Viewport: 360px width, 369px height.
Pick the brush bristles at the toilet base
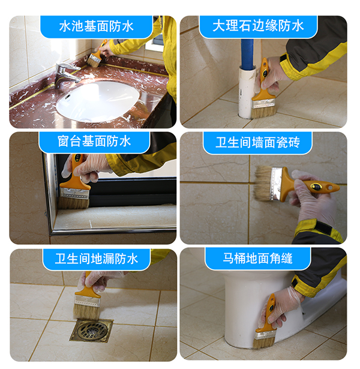click(263, 340)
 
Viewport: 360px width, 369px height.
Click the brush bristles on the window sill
click(74, 201)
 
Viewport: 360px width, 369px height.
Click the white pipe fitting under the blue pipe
click(247, 91)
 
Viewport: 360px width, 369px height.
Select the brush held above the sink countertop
click(95, 56)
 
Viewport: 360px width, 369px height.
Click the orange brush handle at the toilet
click(268, 312)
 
